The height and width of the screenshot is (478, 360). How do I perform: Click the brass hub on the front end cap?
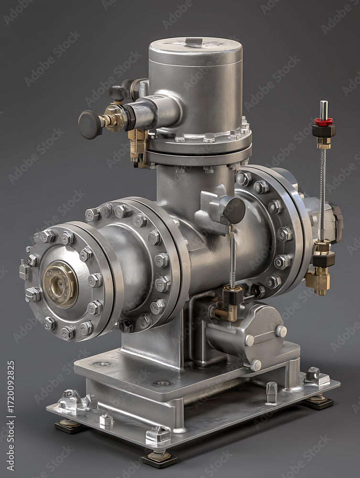pyautogui.click(x=60, y=284)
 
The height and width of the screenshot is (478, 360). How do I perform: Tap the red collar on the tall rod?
pyautogui.click(x=323, y=122)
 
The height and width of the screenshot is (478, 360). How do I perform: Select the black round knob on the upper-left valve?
pyautogui.click(x=90, y=124)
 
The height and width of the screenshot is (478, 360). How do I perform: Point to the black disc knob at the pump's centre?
pyautogui.click(x=234, y=211)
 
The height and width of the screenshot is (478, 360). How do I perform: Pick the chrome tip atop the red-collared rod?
pyautogui.click(x=323, y=110)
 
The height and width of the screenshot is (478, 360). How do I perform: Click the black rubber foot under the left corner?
pyautogui.click(x=69, y=426)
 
